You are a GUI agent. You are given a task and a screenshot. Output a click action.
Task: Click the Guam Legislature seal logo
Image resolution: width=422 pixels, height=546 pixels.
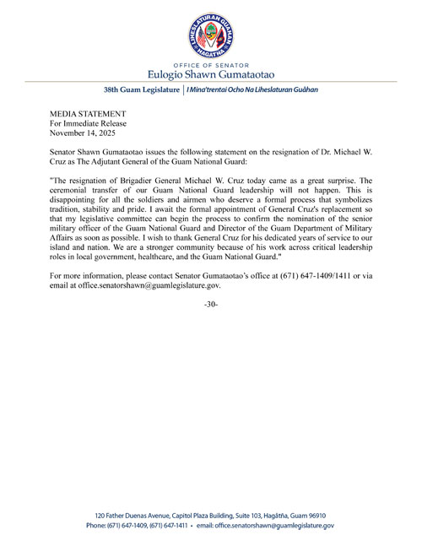click(x=211, y=35)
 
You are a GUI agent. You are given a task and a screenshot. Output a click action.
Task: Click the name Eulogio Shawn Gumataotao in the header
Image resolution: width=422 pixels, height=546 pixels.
click(x=211, y=73)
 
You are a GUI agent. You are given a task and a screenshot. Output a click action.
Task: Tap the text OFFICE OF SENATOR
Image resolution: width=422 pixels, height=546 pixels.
click(x=211, y=64)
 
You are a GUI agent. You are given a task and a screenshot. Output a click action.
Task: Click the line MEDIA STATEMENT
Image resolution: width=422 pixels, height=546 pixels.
click(x=89, y=113)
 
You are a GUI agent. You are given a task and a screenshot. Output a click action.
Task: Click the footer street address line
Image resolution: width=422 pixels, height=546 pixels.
click(x=211, y=515)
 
